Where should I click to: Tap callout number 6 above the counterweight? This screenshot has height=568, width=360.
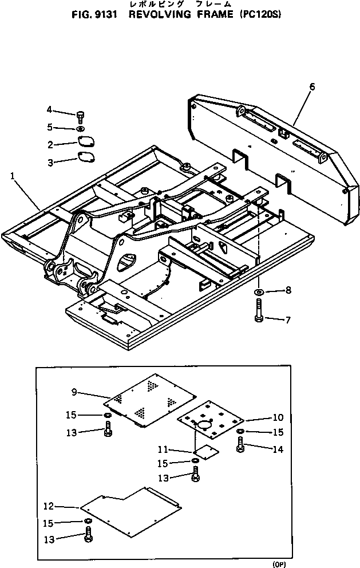coord(312,86)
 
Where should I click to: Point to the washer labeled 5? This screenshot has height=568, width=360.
coord(80,127)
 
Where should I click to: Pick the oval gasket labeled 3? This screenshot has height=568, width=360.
coord(86,158)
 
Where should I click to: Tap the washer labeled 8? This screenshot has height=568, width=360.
coord(259,293)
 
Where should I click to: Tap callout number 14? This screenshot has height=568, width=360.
coord(278,450)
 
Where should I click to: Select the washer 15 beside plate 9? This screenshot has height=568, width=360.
coord(107,415)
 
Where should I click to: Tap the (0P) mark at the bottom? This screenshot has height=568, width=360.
coord(279,564)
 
